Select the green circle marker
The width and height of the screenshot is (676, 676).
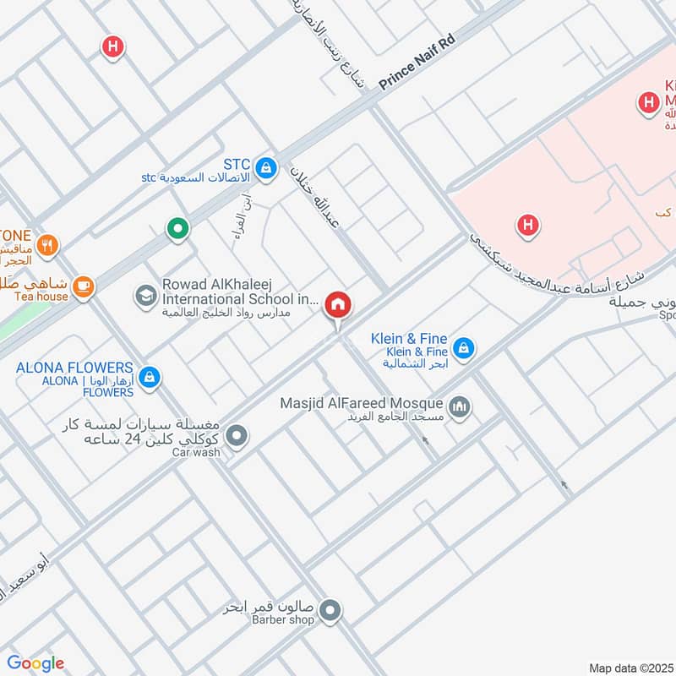177,228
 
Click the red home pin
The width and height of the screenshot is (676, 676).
338,305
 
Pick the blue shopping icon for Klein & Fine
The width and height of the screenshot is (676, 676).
463,347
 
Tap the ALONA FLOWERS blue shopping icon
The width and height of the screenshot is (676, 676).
150,377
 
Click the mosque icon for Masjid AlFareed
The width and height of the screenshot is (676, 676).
461,408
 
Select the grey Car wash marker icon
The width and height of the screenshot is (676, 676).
238,437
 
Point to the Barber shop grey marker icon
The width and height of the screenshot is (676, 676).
330,608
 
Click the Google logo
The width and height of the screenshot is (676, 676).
35,663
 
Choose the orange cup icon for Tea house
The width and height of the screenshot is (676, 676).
83,287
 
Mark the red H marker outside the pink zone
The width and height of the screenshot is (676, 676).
112,46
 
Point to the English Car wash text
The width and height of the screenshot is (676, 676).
196,453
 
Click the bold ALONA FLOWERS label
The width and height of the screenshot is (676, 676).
74,368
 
